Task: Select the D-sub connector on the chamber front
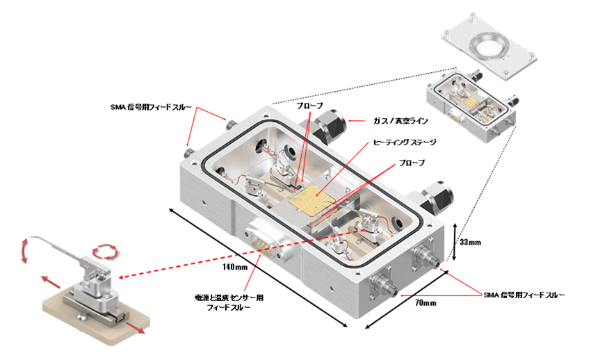click(x=262, y=240)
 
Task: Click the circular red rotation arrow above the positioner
click(x=104, y=249)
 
